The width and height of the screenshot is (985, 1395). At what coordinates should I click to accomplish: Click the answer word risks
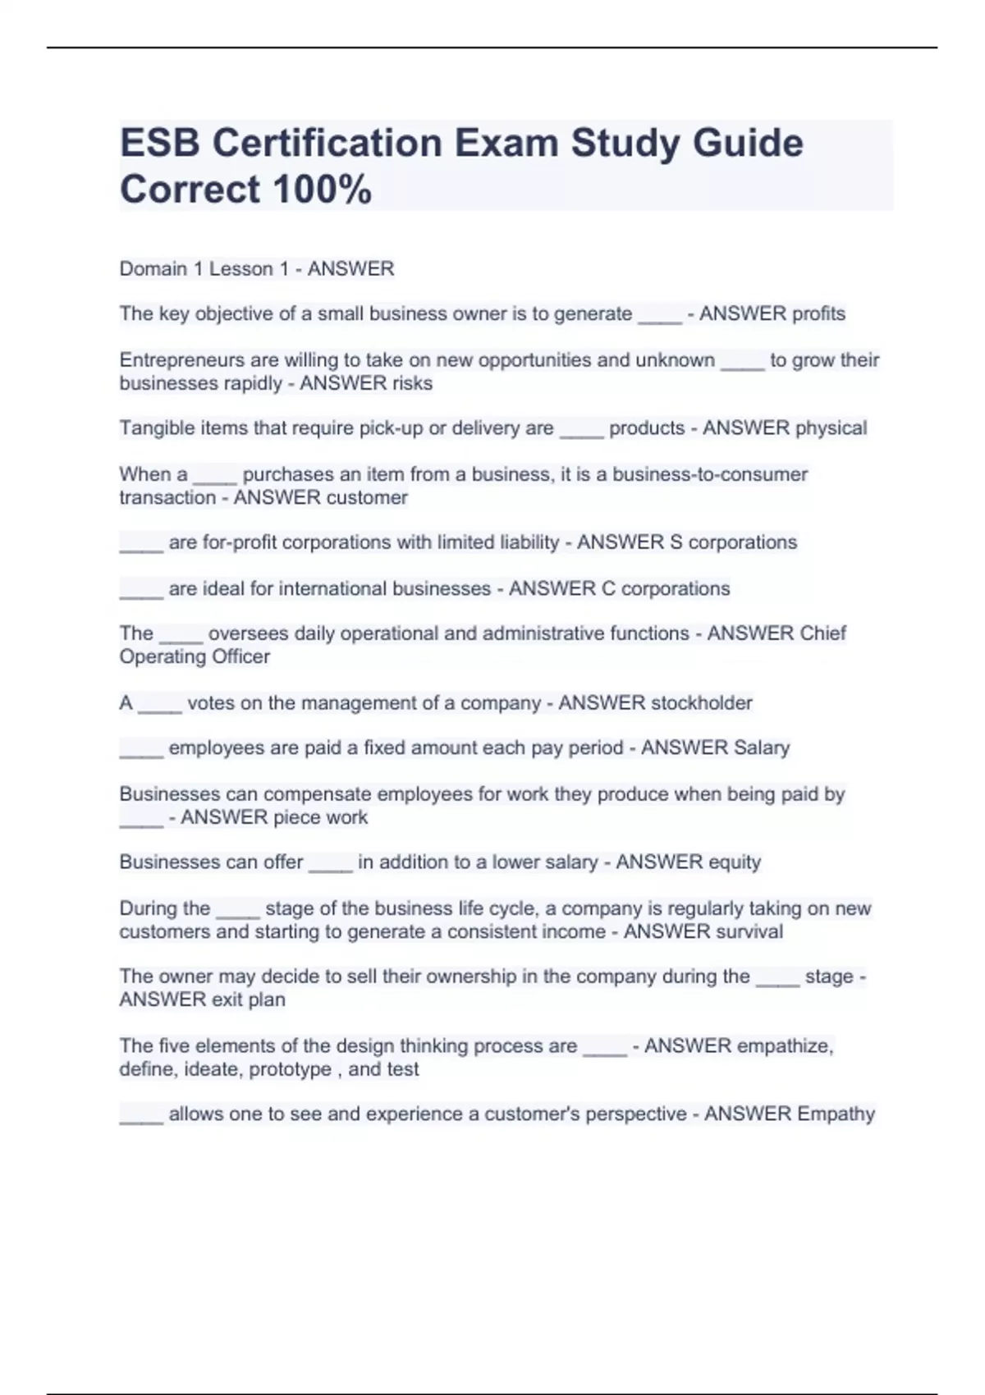pos(413,383)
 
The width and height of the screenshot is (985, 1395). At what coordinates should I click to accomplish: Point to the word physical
pos(830,428)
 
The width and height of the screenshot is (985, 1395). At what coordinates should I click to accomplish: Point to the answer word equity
pos(734,862)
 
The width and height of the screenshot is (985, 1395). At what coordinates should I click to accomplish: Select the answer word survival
pos(748,931)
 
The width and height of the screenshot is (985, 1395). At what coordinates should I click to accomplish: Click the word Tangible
pos(153,428)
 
